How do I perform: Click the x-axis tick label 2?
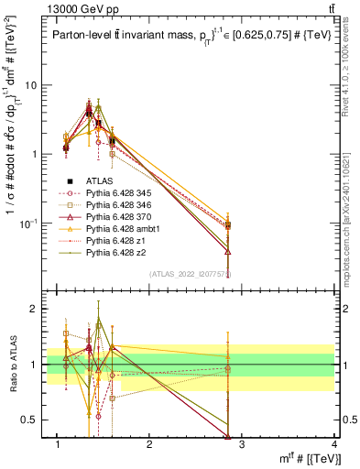(150, 446)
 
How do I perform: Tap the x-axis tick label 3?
(242, 446)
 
